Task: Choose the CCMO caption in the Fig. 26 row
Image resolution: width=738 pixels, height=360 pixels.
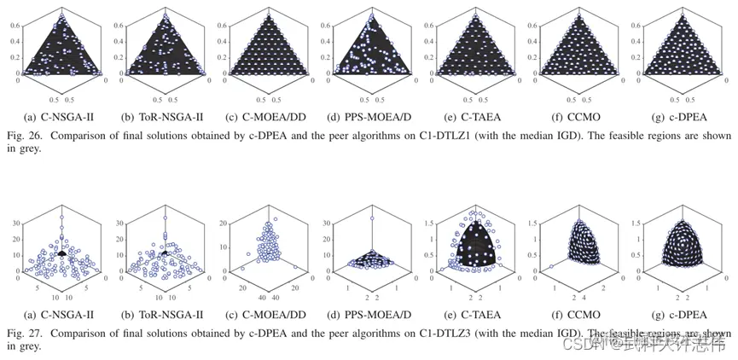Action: pos(581,113)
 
